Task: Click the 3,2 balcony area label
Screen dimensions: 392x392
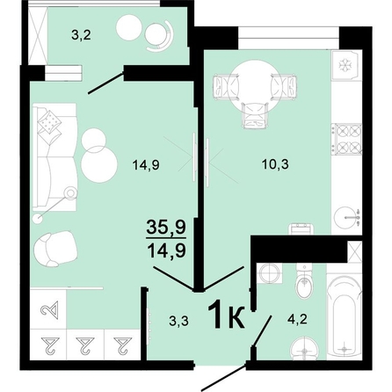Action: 81,35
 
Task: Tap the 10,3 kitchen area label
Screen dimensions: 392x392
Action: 275,164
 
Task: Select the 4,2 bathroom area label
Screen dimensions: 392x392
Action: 297,319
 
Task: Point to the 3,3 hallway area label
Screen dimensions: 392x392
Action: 178,322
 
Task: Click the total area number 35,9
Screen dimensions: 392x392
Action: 166,227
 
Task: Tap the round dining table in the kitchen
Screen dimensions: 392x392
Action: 255,85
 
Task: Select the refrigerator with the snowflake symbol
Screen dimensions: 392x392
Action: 345,65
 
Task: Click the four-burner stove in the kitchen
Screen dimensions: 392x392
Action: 347,139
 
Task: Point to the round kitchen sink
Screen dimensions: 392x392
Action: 346,218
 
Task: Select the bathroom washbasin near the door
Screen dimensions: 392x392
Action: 305,349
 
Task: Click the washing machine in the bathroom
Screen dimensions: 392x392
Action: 269,273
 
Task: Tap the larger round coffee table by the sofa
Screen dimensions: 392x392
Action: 99,164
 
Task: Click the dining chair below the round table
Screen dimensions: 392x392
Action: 254,115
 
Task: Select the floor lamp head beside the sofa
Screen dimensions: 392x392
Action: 70,193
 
